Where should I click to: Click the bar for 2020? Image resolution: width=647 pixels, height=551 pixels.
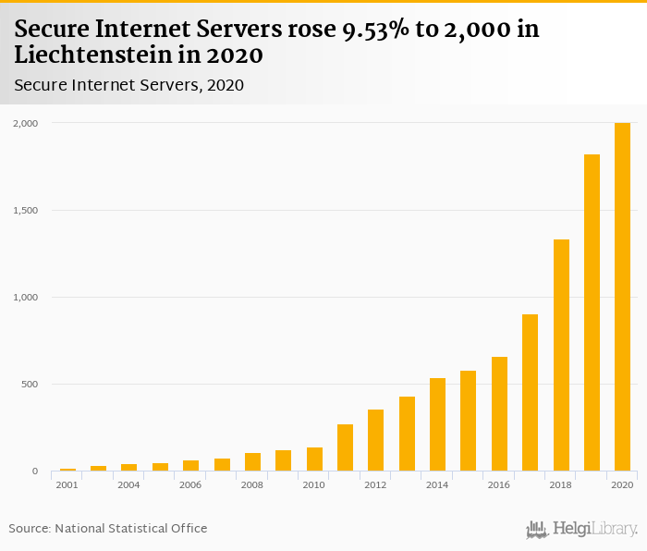622,297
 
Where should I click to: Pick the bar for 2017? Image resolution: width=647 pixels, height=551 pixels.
530,393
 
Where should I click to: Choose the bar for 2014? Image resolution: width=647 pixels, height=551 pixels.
437,424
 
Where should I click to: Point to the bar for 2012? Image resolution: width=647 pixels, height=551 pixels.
375,440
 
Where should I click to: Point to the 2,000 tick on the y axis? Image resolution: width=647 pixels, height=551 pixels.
25,123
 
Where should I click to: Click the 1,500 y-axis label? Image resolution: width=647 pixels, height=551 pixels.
25,210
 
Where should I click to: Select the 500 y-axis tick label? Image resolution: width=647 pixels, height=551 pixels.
29,385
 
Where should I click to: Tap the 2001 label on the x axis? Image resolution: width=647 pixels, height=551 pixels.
67,485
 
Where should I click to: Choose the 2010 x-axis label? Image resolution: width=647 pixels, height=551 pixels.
313,485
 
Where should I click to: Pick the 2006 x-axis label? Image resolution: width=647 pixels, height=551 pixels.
190,485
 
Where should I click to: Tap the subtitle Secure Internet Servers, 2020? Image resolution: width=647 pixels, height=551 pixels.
128,85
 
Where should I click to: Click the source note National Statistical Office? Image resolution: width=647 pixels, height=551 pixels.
130,528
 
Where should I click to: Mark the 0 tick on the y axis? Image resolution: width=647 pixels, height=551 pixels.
35,471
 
